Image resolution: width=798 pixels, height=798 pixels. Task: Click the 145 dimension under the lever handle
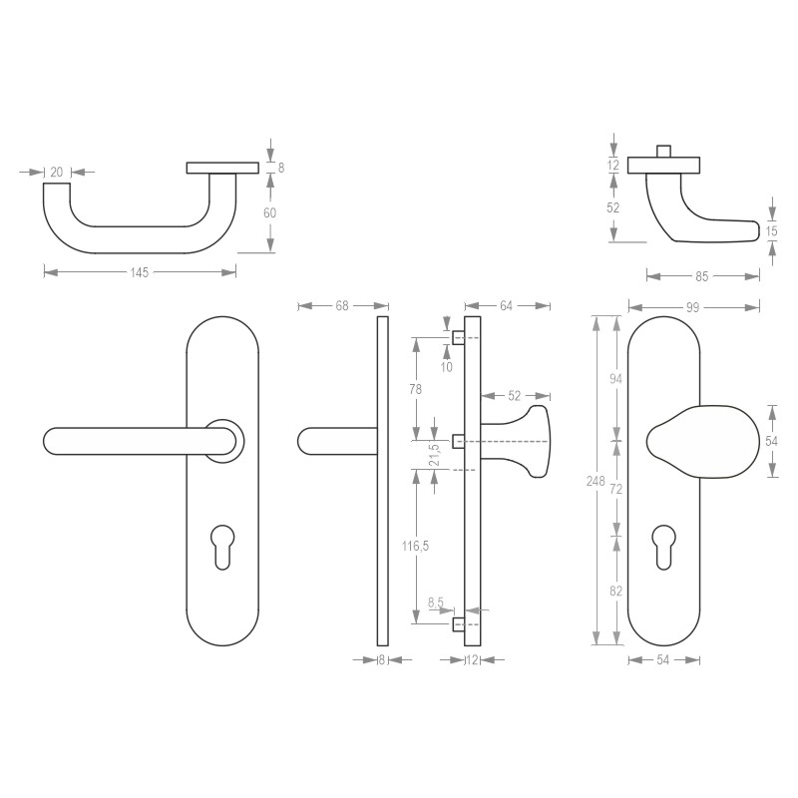point(139,272)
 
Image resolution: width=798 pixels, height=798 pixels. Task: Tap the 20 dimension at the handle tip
point(56,172)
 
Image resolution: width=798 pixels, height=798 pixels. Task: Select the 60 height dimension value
point(269,212)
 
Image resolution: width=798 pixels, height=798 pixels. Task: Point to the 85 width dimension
point(702,276)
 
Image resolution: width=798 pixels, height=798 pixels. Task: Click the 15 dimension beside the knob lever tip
point(771,231)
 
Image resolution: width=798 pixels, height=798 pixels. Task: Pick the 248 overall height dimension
point(596,482)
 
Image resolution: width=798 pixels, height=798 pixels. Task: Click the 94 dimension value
point(615,378)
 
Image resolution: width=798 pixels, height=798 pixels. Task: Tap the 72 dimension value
point(615,489)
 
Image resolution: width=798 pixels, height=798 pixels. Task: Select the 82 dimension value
point(615,591)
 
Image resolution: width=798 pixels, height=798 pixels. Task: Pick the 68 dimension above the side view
point(342,306)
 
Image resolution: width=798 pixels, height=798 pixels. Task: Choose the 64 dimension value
point(507,306)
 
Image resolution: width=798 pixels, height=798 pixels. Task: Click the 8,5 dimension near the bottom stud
point(436,602)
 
